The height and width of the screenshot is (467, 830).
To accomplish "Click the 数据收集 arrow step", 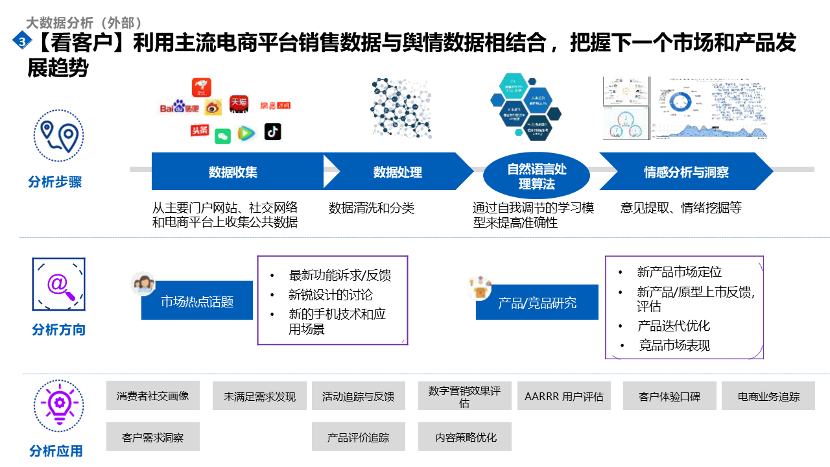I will coord(233,172).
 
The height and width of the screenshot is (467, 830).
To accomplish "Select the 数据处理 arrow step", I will coord(397,172).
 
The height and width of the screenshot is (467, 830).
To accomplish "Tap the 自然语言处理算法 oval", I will coord(537,176).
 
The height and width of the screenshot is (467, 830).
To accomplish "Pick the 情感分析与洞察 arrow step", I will coord(685,172).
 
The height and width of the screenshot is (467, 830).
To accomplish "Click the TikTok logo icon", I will coord(273,132).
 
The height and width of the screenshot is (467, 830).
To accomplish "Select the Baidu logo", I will coord(172,107).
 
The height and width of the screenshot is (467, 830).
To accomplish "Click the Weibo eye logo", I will coord(213,108).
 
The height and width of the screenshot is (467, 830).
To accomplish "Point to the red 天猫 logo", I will coord(239,104).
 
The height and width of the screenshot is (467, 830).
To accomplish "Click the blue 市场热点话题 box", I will coord(197,301).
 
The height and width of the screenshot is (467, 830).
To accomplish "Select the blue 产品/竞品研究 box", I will coord(537,302).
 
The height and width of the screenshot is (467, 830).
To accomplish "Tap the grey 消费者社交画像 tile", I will coord(153,396).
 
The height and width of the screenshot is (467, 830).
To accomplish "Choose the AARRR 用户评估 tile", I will coord(564,396).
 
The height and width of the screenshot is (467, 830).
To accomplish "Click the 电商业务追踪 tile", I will coord(768,396).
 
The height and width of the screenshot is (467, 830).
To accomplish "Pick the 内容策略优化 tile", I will coord(465,437).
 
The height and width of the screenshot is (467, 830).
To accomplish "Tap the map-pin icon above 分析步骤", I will coord(59,136).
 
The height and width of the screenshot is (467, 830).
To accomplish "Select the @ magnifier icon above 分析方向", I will coord(59,285).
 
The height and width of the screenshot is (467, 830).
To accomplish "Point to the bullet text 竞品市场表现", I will coord(674,346).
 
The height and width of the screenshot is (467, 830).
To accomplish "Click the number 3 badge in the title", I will coord(21,41).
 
